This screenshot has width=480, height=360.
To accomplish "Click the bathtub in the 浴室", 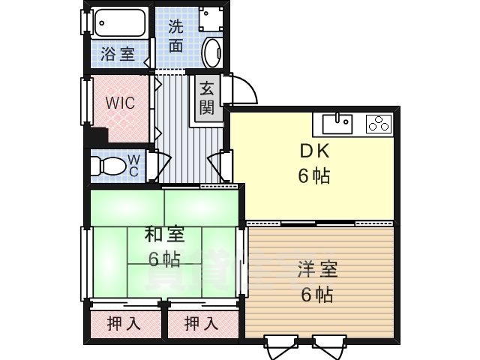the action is click(120, 22).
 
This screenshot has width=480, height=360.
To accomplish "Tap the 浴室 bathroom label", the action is click(118, 54).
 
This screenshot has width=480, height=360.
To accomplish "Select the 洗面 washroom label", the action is click(176, 36).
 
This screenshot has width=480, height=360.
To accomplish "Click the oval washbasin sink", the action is click(213, 52).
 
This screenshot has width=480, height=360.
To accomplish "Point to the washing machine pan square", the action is click(211, 18).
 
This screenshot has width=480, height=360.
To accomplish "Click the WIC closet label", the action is click(120, 103).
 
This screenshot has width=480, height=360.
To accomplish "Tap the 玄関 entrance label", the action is click(207, 98).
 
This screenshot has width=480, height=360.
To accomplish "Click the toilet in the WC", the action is click(109, 166).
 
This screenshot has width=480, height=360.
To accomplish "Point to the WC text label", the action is click(133, 166).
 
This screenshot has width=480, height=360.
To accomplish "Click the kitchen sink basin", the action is click(337, 123).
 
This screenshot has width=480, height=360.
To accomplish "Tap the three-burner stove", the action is click(379, 123).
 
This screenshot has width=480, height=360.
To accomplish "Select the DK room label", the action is click(315, 151).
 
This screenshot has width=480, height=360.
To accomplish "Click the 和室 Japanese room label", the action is click(164, 235).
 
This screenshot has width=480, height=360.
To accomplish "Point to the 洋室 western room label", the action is click(317, 269).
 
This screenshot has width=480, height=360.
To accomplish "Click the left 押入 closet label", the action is click(124, 323).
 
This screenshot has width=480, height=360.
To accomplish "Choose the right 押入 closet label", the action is click(202, 323).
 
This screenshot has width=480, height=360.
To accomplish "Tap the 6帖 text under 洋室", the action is click(316, 295).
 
